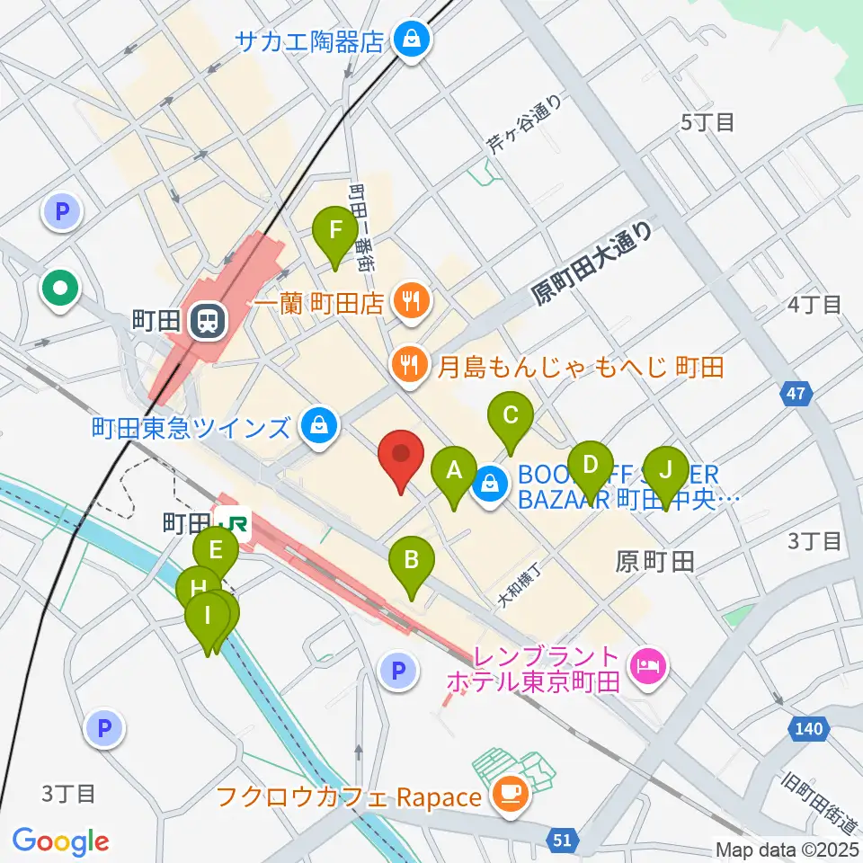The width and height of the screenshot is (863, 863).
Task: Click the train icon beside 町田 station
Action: (206, 320)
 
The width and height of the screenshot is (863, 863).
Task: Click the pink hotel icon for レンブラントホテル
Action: (646, 667)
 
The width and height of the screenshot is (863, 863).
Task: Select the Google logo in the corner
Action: (60, 841)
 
